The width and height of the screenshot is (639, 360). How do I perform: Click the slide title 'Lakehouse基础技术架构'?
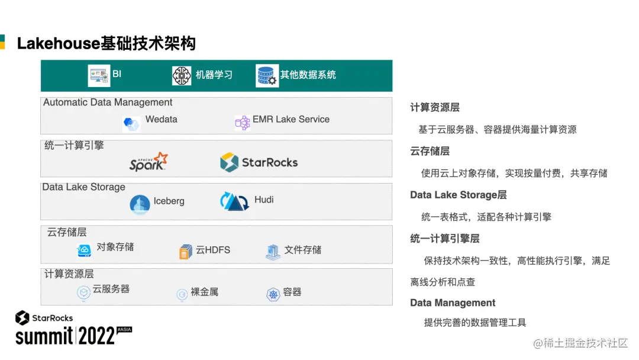[106, 43]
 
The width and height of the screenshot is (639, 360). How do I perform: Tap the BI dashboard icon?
[99, 75]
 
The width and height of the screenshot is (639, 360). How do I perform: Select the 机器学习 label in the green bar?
[214, 75]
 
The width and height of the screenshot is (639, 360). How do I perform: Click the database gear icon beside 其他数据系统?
[267, 76]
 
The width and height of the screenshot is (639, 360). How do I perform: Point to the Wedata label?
[161, 119]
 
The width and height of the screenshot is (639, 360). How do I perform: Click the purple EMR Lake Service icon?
[243, 123]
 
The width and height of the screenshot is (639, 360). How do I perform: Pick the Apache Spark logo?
[149, 162]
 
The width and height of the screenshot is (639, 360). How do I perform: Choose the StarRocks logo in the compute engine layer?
[259, 162]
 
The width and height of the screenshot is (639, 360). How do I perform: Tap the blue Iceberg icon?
[140, 204]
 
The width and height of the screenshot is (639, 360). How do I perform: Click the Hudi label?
[264, 200]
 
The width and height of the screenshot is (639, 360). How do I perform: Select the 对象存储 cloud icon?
[84, 250]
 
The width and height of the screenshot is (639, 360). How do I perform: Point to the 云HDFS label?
[213, 250]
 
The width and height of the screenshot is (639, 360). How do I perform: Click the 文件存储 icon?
[273, 252]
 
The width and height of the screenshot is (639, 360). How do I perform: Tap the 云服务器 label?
[111, 289]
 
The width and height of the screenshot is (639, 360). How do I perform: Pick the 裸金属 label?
[204, 292]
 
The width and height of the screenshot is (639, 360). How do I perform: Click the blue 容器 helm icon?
[273, 294]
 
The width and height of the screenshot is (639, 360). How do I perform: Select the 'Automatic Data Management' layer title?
[108, 102]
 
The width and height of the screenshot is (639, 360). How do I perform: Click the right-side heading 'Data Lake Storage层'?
[459, 195]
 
